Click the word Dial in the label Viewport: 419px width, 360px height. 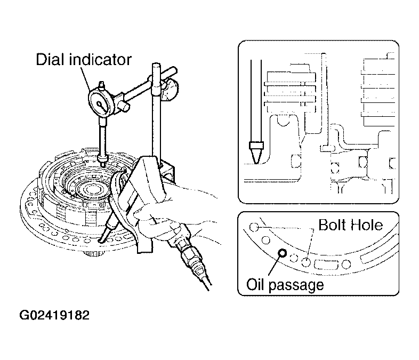point(51,59)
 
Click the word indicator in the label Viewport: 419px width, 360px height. point(100,59)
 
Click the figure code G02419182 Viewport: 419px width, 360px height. point(54,315)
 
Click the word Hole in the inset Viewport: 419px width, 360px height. point(367,225)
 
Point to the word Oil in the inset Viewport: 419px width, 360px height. point(255,284)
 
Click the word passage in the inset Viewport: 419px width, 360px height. point(296,286)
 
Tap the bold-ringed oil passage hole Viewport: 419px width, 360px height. point(282,253)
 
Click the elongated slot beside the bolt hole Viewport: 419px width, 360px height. point(326,264)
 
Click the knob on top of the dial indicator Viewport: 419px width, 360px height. point(101,85)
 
